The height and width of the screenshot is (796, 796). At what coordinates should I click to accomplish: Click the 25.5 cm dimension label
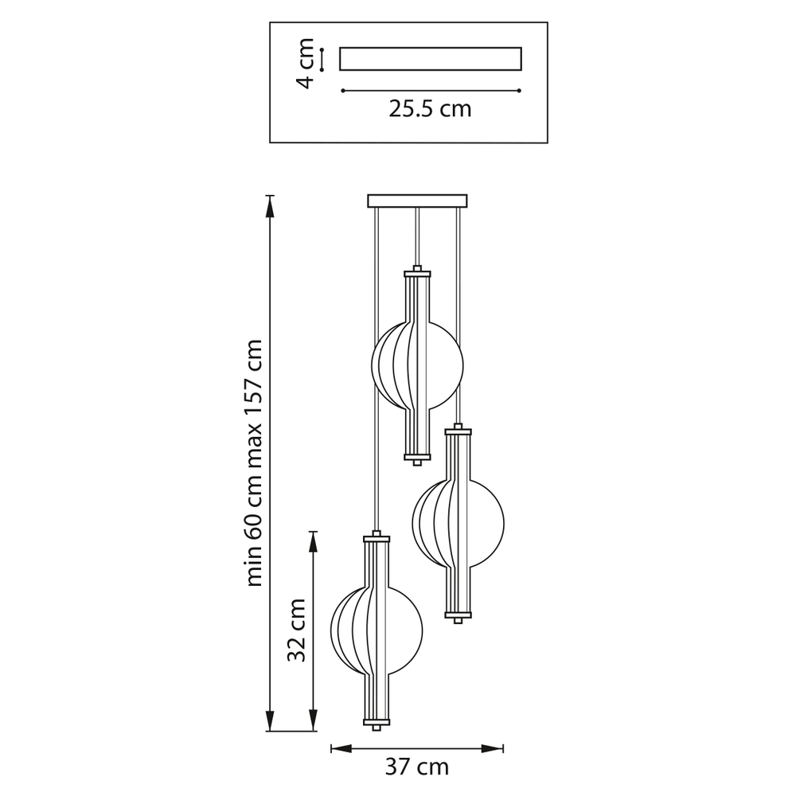[430, 108]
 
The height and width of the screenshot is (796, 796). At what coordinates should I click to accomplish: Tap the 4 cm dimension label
[306, 63]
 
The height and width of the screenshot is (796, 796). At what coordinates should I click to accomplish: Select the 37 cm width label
[417, 767]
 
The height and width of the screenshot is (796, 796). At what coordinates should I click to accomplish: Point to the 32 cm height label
[296, 630]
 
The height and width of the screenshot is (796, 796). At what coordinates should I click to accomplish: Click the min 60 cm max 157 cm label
[253, 463]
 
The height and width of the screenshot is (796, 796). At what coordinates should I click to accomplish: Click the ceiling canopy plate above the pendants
[417, 201]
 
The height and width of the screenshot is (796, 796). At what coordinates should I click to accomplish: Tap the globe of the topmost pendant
[417, 365]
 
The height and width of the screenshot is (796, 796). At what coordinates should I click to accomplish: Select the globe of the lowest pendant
[377, 630]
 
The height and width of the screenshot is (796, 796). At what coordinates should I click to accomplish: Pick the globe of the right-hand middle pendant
[458, 524]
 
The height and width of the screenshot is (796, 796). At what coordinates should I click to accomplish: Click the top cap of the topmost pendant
[417, 272]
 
